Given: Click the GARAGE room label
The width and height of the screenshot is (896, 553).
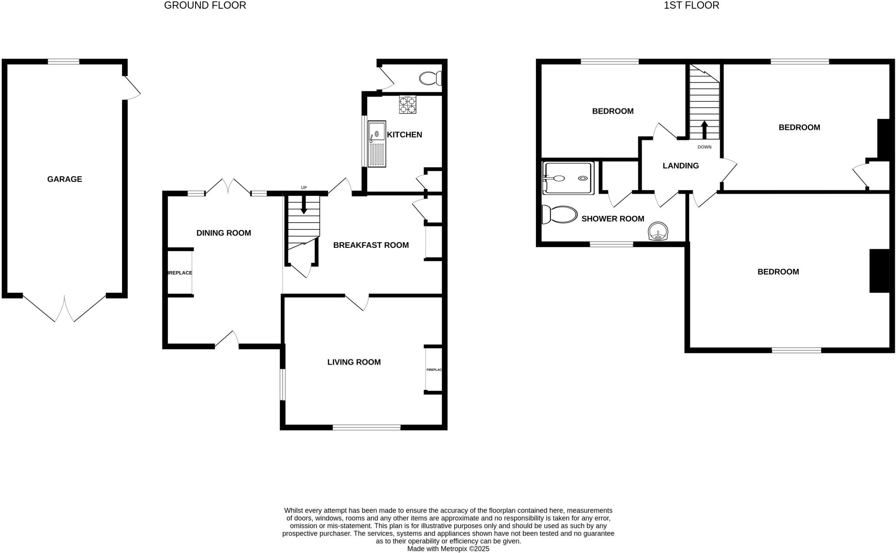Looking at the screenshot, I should coord(64,179).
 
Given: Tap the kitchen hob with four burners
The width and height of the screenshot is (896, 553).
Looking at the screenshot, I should coord(407,105).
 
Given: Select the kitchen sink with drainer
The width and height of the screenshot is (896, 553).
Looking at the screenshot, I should coord(377,144).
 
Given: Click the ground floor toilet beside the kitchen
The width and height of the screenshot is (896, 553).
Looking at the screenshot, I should coord(430,79).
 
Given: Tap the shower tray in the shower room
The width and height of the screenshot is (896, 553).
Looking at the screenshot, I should coord(568,178).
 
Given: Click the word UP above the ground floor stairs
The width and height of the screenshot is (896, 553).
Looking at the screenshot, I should coord(304,188).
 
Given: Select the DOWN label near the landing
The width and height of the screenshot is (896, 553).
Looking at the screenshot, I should coord(704,147).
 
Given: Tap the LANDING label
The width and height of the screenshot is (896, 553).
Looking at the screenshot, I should coord(680,166).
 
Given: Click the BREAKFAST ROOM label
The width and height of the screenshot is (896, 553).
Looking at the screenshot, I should coord(371,245).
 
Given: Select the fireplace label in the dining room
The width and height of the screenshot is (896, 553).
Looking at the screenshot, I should coord(180,273).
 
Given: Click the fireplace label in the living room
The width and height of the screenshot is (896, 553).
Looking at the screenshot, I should coord(434,370).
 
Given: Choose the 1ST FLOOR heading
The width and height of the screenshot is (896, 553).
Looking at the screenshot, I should coord(691,5).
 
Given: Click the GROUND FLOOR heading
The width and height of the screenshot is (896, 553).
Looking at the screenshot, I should coord(205,5).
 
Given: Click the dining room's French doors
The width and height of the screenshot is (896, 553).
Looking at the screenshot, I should coord(228,186).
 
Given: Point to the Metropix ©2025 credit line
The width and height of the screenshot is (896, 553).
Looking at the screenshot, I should coord(448,549).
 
